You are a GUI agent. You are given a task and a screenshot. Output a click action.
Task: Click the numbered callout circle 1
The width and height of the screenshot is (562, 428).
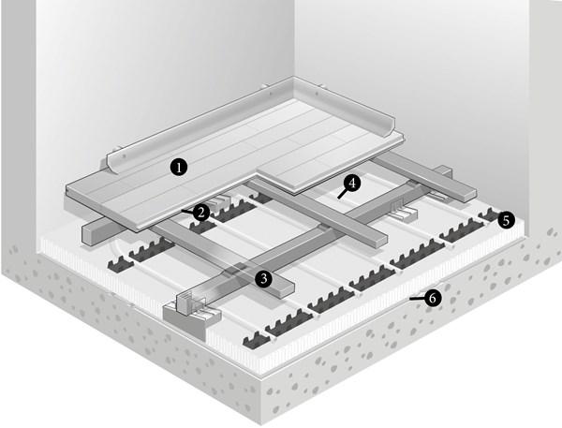pos(179,167)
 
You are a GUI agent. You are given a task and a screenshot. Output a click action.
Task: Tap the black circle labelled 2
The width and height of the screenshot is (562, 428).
pos(201,213)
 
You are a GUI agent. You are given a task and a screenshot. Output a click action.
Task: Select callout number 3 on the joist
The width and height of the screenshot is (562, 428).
pos(264,278)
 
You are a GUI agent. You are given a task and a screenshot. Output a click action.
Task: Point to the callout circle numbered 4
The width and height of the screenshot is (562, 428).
pos(352,184)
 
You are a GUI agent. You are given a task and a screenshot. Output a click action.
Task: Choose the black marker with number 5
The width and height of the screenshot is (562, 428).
pos(506,220)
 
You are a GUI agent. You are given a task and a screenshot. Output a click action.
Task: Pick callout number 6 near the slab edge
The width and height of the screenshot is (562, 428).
pos(433,298)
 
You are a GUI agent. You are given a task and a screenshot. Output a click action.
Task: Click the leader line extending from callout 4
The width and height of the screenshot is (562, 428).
pos(342,194)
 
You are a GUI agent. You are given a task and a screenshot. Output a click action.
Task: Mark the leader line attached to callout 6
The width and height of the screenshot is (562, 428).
pos(417,298)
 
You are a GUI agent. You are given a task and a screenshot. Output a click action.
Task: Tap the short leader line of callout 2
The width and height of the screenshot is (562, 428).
pos(186,211)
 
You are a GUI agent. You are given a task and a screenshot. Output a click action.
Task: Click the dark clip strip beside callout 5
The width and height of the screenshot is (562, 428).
pos(488,215)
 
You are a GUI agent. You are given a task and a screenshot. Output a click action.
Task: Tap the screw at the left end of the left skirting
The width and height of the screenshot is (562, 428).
pos(124,156)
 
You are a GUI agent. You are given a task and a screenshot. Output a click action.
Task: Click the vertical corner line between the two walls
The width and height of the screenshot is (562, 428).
pos(294,38)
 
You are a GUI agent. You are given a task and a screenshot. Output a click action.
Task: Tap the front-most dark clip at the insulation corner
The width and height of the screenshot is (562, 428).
pos(255,340)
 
